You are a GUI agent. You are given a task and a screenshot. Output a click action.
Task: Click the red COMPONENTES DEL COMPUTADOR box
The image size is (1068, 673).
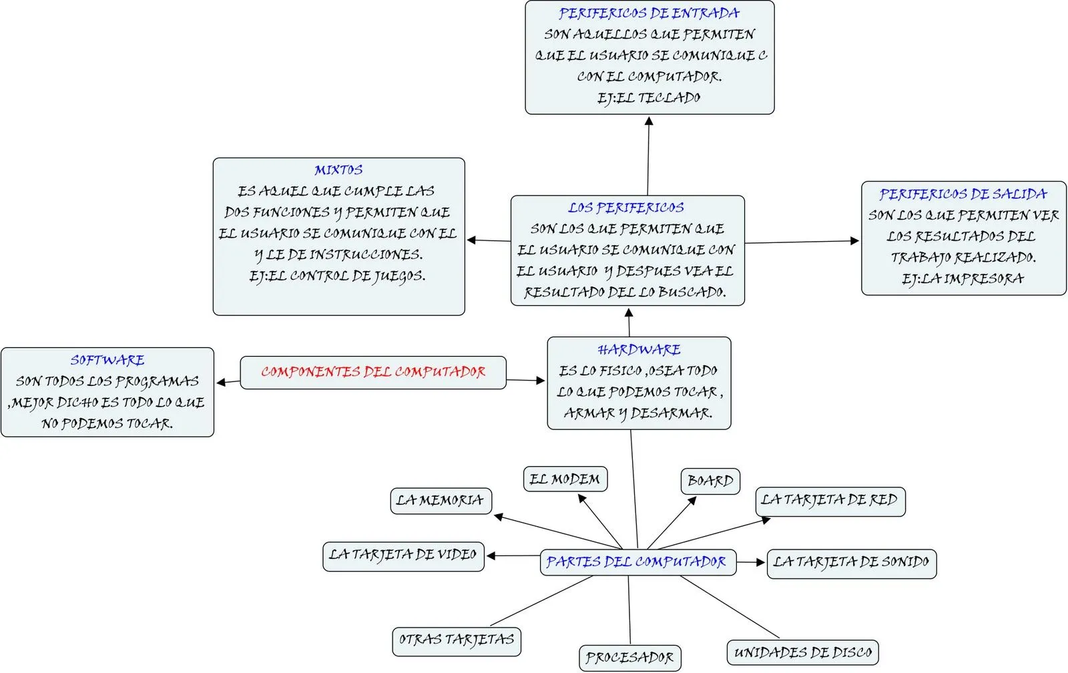coord(372,373)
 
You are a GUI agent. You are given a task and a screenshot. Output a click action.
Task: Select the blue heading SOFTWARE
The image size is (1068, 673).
coord(107,361)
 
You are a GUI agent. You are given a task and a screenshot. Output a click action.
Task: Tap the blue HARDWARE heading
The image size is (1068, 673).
coord(639,350)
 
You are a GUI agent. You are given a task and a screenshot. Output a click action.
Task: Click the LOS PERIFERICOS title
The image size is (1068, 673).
coord(626,208)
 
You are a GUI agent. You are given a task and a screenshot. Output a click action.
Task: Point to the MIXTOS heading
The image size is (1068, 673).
coord(338,170)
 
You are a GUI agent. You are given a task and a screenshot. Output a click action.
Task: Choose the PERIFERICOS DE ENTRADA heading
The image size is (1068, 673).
coord(649,13)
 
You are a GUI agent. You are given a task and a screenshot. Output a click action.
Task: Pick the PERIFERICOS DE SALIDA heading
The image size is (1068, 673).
coord(963,194)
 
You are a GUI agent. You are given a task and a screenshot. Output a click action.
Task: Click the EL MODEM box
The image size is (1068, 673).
coord(565,479)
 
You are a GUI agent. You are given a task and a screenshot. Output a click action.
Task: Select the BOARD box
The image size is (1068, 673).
coord(710,481)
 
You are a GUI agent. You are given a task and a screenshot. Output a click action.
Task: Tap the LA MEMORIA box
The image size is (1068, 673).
coord(441,500)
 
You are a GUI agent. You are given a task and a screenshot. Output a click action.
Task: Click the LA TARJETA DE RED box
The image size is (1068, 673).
coord(830,500)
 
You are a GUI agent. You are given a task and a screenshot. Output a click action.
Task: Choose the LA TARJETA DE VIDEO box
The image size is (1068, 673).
coord(403,555)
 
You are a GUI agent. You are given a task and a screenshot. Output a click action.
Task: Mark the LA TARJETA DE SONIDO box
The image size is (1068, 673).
coord(851,562)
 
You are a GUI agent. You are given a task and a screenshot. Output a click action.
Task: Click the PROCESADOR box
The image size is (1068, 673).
coord(629,658)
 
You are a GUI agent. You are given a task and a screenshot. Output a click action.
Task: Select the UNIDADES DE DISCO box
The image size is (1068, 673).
coord(802,652)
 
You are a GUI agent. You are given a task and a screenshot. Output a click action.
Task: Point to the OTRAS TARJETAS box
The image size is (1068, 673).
coord(457,640)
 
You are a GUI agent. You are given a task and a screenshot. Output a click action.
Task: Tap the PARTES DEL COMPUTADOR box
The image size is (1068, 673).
coord(637,562)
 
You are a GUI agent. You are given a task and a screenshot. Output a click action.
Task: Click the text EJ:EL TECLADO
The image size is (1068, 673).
coord(649,98)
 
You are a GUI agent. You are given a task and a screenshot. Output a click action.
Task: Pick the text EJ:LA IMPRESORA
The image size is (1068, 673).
coord(963,279)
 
